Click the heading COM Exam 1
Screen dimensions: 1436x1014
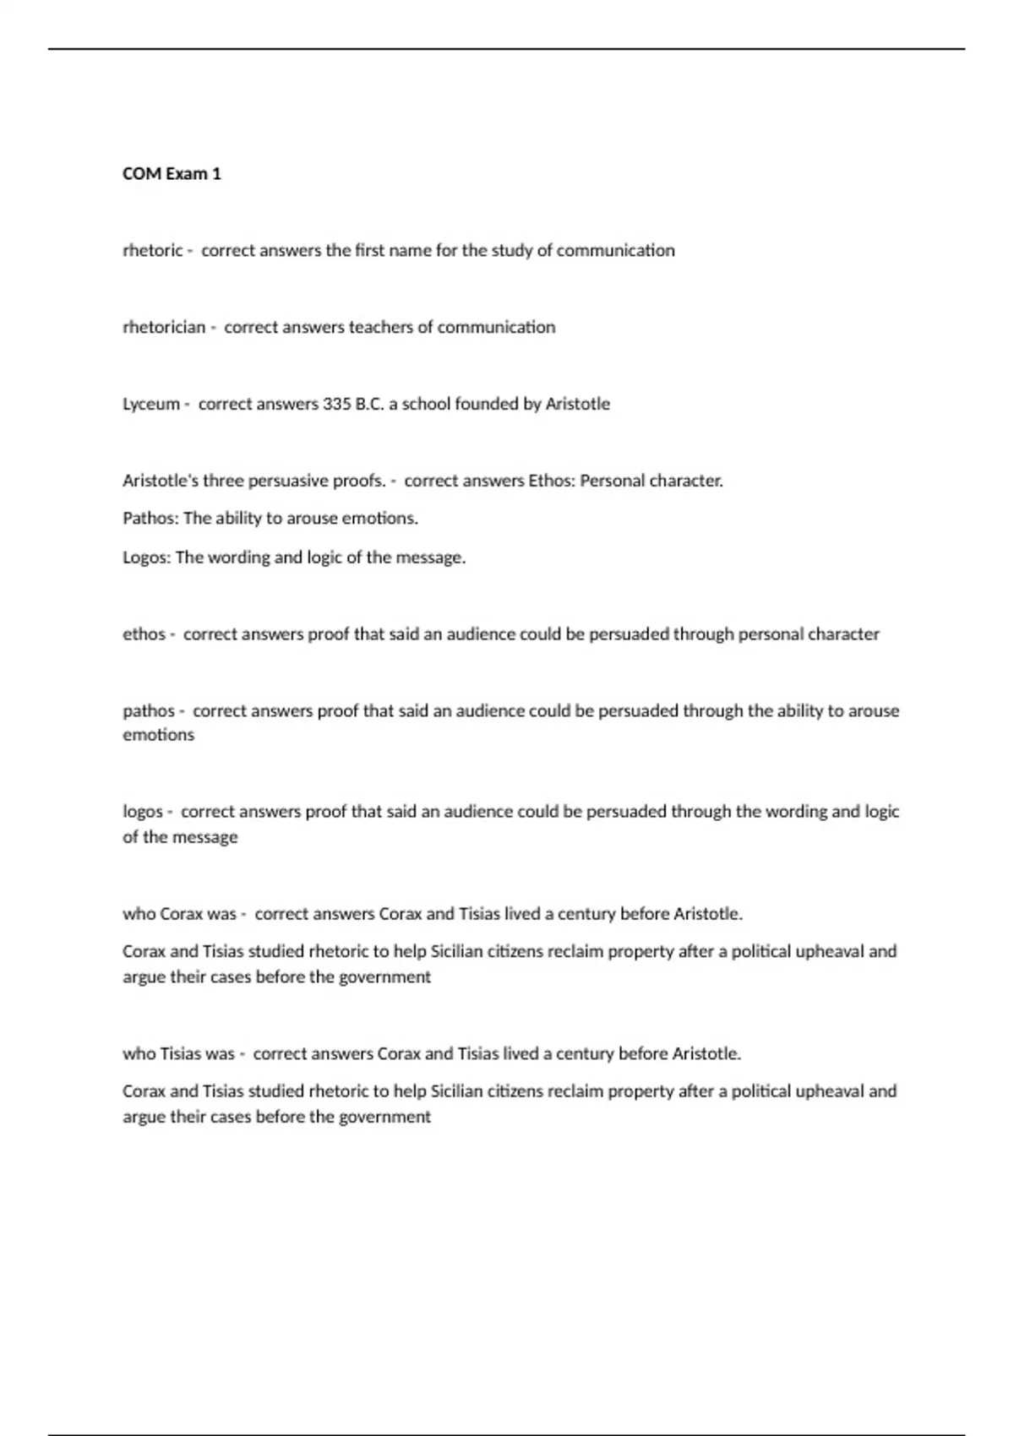pyautogui.click(x=172, y=174)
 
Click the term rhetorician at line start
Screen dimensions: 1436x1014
pyautogui.click(x=164, y=328)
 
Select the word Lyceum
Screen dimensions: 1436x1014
pyautogui.click(x=150, y=405)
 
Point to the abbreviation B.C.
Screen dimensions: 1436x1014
pyautogui.click(x=369, y=405)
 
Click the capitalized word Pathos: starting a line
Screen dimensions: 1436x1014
pyautogui.click(x=150, y=519)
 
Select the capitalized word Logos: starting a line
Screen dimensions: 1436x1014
pyautogui.click(x=147, y=558)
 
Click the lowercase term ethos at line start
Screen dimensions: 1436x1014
pyautogui.click(x=144, y=634)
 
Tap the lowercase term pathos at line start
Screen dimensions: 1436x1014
pyautogui.click(x=149, y=711)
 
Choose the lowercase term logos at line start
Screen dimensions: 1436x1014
pyautogui.click(x=143, y=812)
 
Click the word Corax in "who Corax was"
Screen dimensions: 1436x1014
pyautogui.click(x=180, y=914)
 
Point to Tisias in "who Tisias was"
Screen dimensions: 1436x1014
pyautogui.click(x=180, y=1054)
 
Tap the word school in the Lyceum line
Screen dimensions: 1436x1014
pyautogui.click(x=426, y=405)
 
